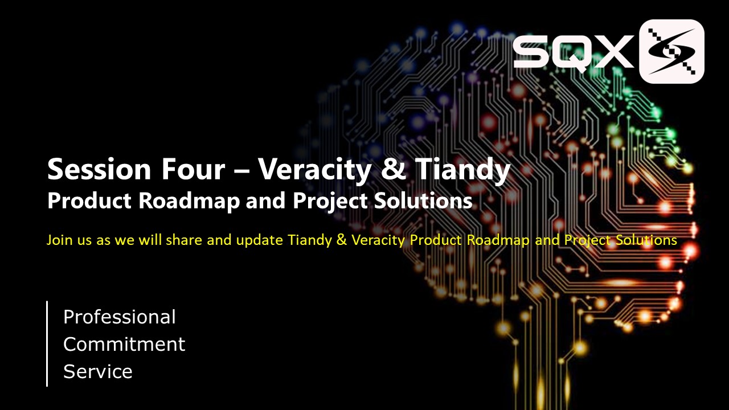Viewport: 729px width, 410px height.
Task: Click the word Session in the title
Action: (99, 169)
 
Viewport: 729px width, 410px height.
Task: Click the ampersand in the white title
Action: (394, 169)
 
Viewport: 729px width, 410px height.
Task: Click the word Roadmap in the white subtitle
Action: (189, 202)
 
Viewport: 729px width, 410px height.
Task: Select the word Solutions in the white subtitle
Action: (423, 200)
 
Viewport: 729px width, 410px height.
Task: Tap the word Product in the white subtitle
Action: (89, 200)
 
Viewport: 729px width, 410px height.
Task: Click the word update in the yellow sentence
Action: (259, 241)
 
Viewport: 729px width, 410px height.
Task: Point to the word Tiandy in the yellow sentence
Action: (310, 241)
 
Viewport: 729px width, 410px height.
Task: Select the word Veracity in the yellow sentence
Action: (378, 241)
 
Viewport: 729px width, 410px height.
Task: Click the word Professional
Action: (120, 317)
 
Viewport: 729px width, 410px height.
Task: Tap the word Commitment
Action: (124, 345)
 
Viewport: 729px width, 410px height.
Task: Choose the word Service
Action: (98, 372)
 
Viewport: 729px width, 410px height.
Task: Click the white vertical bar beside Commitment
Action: (47, 343)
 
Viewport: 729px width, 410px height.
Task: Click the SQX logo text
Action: (574, 52)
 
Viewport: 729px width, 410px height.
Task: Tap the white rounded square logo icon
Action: (671, 51)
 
